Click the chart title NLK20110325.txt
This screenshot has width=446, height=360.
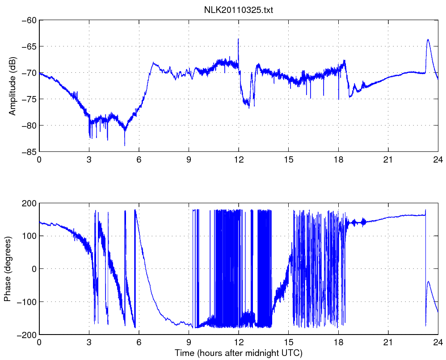click(239, 10)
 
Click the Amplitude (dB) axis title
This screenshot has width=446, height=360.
click(13, 86)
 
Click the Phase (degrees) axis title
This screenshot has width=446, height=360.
click(8, 269)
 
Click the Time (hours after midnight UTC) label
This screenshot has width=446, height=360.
click(239, 353)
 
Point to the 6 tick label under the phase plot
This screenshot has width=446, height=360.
click(139, 343)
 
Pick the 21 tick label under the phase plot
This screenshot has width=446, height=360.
click(388, 343)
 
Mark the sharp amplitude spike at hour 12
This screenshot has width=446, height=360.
click(238, 39)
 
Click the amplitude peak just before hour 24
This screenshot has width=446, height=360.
click(428, 40)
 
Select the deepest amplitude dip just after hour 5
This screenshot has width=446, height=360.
click(125, 145)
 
